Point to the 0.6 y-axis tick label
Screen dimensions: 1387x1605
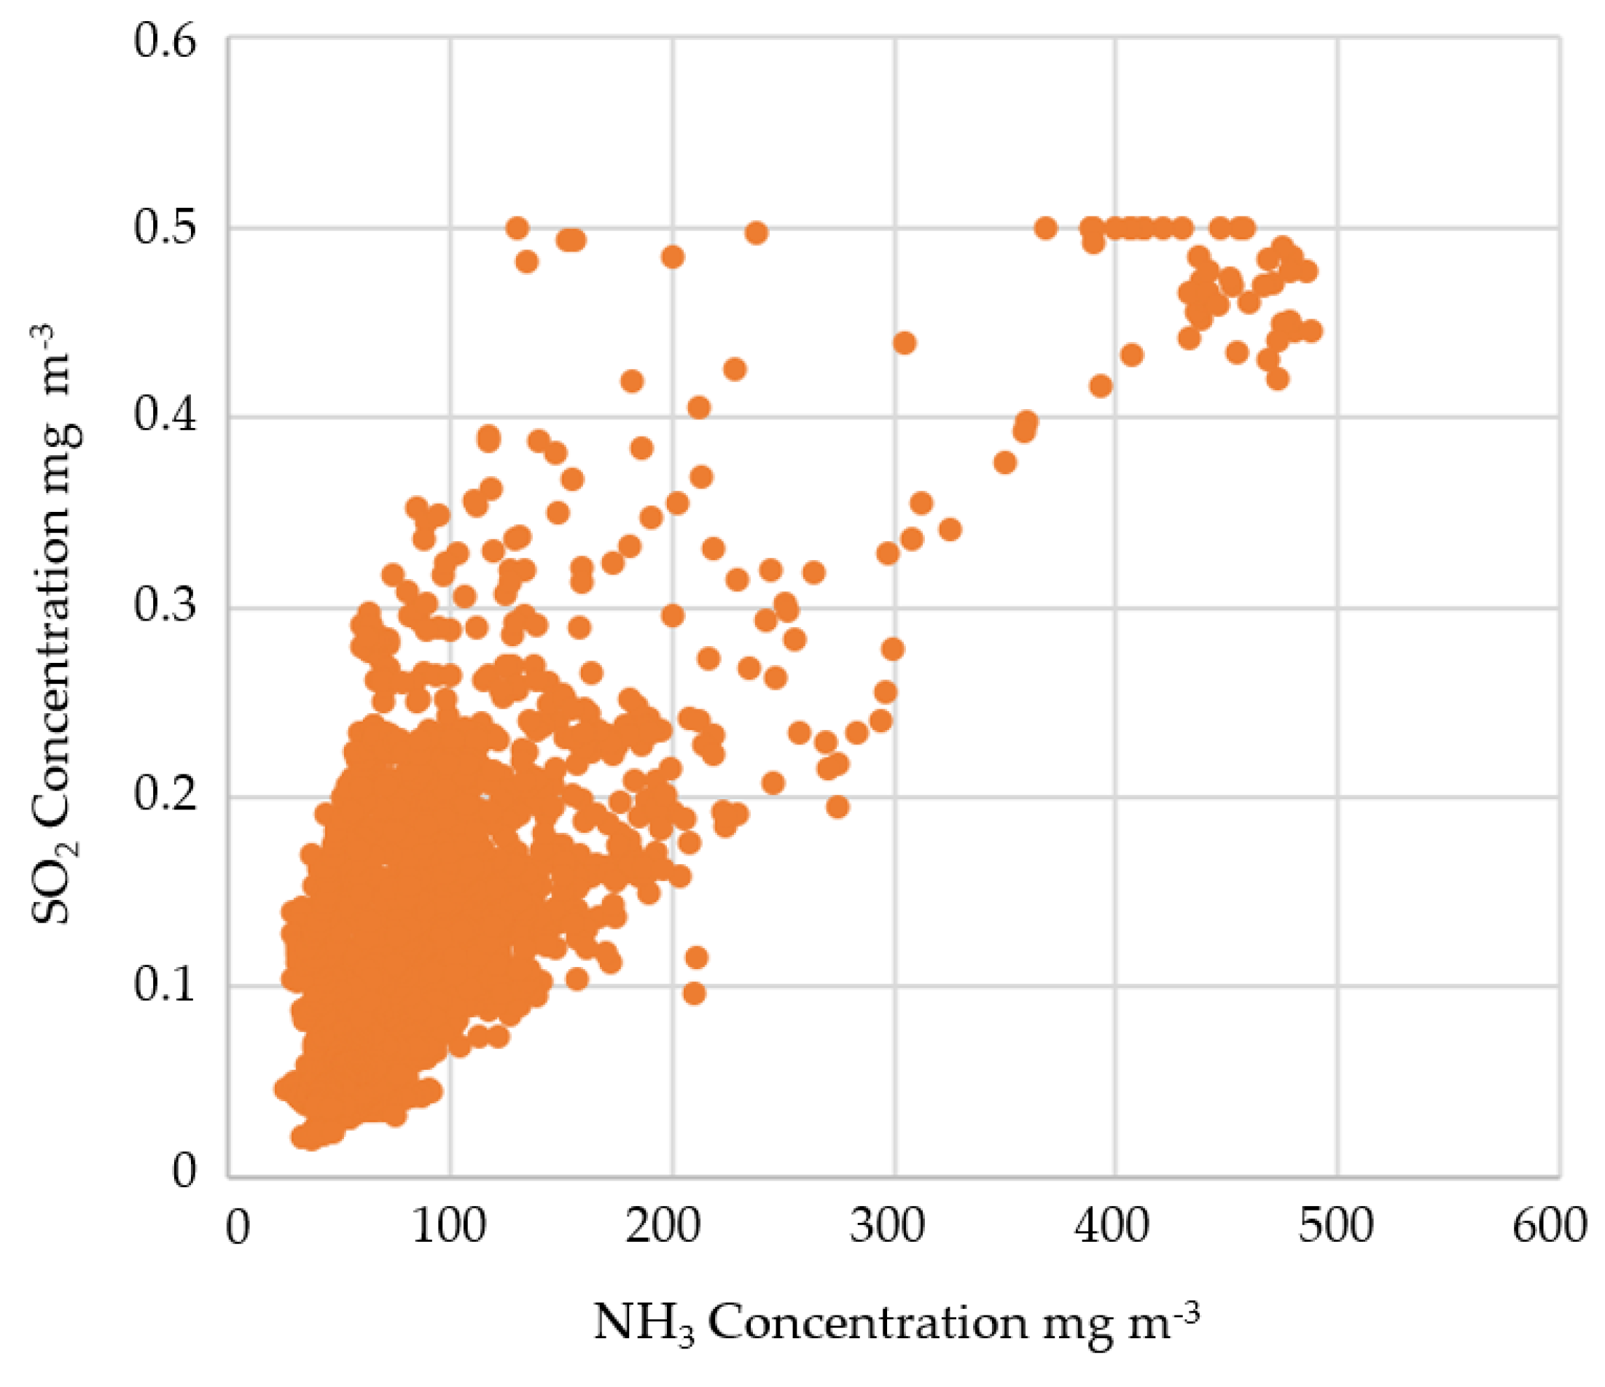164,40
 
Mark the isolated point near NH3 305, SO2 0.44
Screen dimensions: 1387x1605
904,343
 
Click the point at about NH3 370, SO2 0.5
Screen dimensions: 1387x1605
1046,228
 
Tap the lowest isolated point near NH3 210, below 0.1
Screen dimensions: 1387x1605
694,992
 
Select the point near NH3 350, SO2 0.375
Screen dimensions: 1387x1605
1004,462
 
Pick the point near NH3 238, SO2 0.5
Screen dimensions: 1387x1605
756,233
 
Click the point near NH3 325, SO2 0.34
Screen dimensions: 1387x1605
950,530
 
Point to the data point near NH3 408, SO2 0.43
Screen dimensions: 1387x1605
1132,355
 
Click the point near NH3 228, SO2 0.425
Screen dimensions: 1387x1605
734,369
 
